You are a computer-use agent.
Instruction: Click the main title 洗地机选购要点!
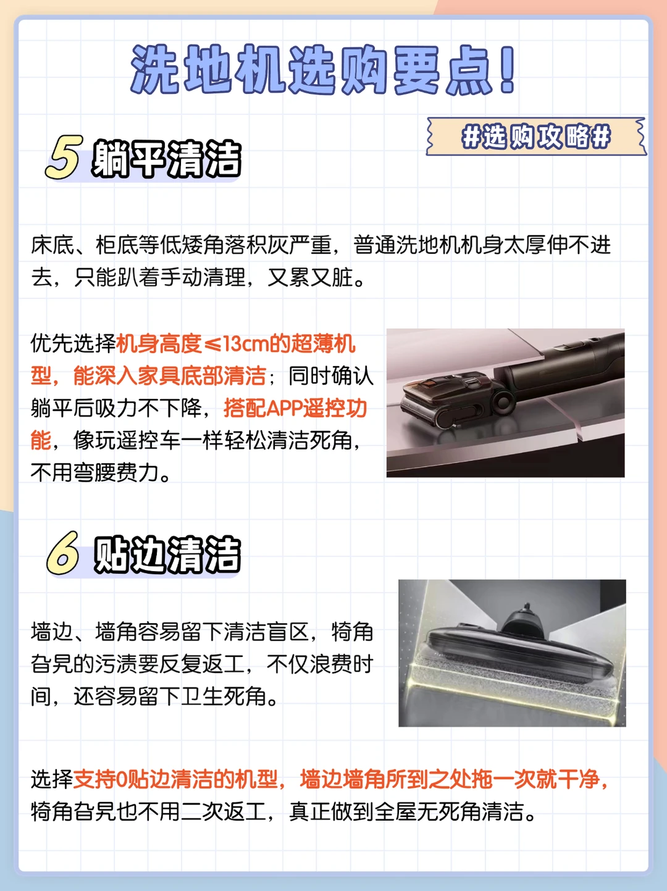click(x=323, y=70)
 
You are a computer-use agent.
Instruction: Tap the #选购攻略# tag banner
click(x=536, y=136)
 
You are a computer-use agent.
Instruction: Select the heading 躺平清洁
click(x=167, y=159)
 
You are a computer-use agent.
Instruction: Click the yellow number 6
click(x=64, y=553)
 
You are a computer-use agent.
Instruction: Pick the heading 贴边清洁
click(x=167, y=554)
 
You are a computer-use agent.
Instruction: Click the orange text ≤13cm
click(x=236, y=344)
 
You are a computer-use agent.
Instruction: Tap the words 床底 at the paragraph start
click(x=52, y=245)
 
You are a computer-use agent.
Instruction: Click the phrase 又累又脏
click(x=310, y=278)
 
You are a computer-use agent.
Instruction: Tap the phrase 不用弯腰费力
click(x=95, y=472)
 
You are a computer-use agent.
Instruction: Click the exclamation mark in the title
click(x=507, y=70)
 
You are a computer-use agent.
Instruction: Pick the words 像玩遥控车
click(x=127, y=440)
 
